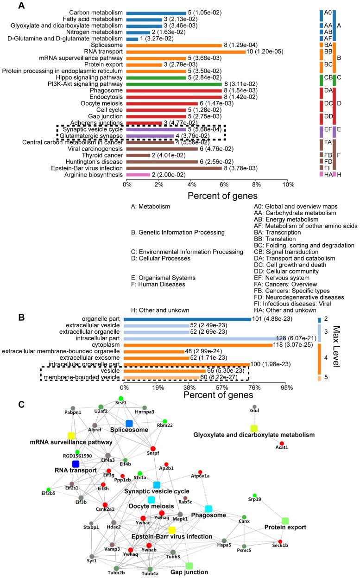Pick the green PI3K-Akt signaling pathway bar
click(x=174, y=84)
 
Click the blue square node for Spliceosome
click(x=129, y=423)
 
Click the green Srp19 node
click(x=254, y=495)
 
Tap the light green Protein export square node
click(x=285, y=521)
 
